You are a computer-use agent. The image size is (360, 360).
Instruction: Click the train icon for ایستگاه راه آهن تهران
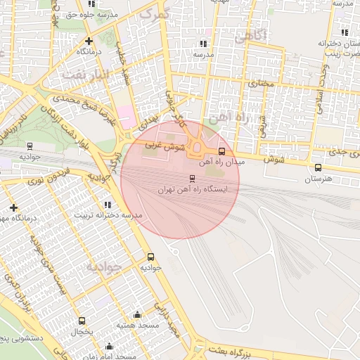[x=193, y=178]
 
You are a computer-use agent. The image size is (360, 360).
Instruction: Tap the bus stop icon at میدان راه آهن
[x=222, y=151]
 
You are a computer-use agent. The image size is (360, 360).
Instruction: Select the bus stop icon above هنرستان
[x=319, y=167]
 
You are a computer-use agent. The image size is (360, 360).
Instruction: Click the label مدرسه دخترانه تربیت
[x=106, y=214]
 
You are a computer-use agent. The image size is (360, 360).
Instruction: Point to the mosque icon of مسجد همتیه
[x=136, y=314]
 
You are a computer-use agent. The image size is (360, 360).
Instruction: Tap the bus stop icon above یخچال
[x=82, y=321]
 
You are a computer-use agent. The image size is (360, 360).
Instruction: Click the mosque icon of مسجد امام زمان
[x=109, y=346]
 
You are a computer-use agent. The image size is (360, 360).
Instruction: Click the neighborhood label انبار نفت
[x=85, y=73]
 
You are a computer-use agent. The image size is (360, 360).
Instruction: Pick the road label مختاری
[x=257, y=83]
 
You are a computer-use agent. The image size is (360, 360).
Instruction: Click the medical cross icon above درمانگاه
[x=89, y=41]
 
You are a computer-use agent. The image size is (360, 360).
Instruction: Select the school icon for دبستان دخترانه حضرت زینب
[x=344, y=32]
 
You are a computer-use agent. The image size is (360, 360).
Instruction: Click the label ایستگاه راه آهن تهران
[x=193, y=190]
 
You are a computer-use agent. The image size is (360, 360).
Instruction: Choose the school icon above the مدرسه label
[x=203, y=44]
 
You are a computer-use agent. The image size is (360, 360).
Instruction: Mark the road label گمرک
[x=155, y=12]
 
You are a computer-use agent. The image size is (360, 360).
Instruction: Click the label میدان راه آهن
[x=224, y=162]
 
